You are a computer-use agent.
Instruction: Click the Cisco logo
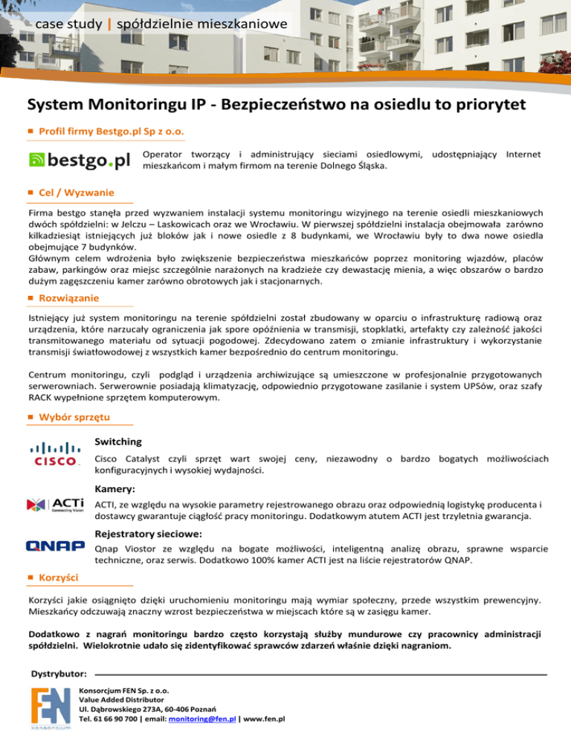[54, 454]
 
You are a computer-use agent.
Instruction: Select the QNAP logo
[55, 546]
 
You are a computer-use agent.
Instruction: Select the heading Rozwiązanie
[69, 297]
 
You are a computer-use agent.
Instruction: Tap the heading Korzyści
[61, 577]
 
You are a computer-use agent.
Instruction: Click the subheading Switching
[119, 442]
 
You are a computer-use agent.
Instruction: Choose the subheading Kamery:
[115, 490]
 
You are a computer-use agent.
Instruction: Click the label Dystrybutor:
[58, 674]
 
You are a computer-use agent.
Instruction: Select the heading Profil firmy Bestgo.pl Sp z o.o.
[112, 132]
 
